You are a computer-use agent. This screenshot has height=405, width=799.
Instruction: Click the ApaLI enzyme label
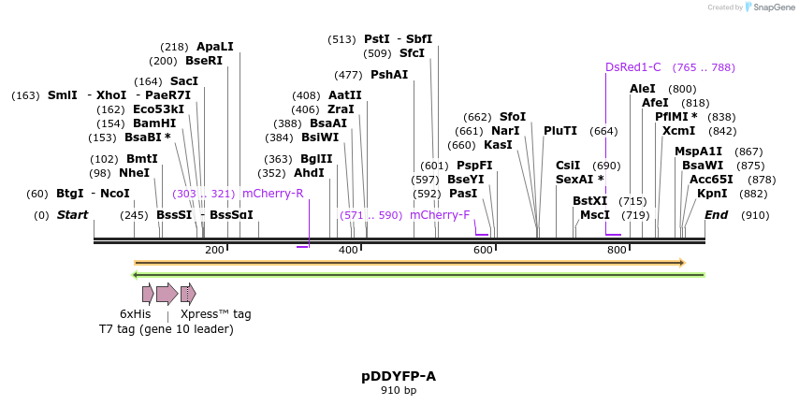coord(214,47)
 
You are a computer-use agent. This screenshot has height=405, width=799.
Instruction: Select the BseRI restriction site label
coord(204,61)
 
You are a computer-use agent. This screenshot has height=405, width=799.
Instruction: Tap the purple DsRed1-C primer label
coord(632,67)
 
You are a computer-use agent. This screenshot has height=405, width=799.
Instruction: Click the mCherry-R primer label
coord(272,194)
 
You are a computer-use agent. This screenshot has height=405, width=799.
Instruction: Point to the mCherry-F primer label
coord(440,215)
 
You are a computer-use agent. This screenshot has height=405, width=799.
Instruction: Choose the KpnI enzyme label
coord(712,194)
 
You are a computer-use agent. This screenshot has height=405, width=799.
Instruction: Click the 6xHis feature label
coord(135,314)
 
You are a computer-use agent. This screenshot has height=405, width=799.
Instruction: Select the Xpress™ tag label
coord(215,314)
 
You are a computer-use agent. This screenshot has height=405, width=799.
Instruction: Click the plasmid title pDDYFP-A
coord(399,376)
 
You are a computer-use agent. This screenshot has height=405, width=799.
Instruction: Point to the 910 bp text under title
coord(399,390)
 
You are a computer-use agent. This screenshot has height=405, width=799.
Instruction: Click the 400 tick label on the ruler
coord(348,250)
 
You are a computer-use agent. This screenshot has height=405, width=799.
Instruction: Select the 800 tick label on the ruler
coord(617,250)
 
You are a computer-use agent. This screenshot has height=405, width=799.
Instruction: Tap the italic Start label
coord(72,215)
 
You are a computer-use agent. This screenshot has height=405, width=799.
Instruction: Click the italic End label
coord(716,215)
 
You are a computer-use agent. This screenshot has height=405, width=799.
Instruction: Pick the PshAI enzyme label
coord(389,75)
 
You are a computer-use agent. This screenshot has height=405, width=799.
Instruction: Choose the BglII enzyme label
coord(316,159)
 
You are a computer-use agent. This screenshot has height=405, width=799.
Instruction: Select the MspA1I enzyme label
coord(698,152)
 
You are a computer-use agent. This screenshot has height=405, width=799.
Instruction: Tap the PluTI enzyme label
coord(560,131)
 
